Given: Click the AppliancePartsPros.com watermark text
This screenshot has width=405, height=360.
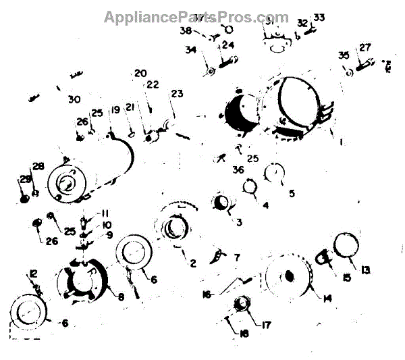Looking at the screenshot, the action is click(196, 18).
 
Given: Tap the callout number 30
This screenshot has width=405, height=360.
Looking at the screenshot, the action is click(74, 99).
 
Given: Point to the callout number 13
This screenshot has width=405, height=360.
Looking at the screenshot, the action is click(366, 270).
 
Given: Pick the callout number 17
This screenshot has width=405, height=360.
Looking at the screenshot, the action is click(267, 325).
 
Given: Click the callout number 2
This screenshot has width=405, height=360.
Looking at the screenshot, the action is click(192, 263).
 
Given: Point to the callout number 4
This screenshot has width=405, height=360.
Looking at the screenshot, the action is click(265, 205).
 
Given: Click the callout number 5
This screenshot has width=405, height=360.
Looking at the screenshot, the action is click(292, 192).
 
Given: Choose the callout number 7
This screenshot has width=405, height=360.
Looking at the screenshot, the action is click(236, 257).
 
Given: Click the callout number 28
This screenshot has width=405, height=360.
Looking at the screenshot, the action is click(38, 167).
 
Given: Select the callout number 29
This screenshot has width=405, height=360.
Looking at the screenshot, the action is click(24, 180).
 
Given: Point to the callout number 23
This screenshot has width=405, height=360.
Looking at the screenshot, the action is click(177, 94).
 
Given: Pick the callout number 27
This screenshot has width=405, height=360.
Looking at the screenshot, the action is click(364, 47).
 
